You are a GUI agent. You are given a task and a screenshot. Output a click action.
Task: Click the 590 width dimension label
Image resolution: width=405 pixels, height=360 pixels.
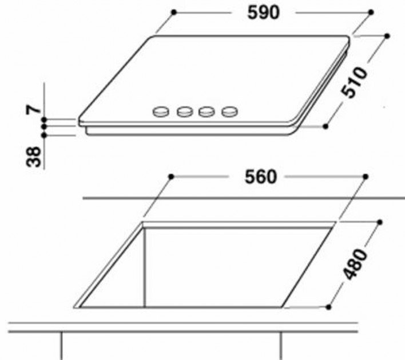click(x=264, y=13)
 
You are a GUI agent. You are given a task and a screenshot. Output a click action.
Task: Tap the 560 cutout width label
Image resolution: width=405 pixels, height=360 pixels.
click(x=261, y=177)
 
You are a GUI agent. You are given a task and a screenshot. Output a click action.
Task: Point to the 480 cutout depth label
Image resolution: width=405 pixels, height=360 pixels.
click(x=355, y=264)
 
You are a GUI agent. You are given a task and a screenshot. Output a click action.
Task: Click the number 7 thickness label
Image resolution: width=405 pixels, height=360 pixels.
click(x=34, y=110)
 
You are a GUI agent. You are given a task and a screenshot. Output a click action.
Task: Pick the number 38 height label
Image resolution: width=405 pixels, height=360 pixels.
click(x=34, y=157)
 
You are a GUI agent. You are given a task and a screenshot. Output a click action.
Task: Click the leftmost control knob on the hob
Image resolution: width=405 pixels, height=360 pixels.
click(x=161, y=111)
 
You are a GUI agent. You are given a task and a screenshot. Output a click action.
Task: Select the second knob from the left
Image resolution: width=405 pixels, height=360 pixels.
click(x=185, y=111)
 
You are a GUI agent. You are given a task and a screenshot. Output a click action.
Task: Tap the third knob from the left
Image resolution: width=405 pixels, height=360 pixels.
click(x=207, y=111)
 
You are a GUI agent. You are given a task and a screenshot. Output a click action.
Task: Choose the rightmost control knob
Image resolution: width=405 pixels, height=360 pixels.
click(x=229, y=111)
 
